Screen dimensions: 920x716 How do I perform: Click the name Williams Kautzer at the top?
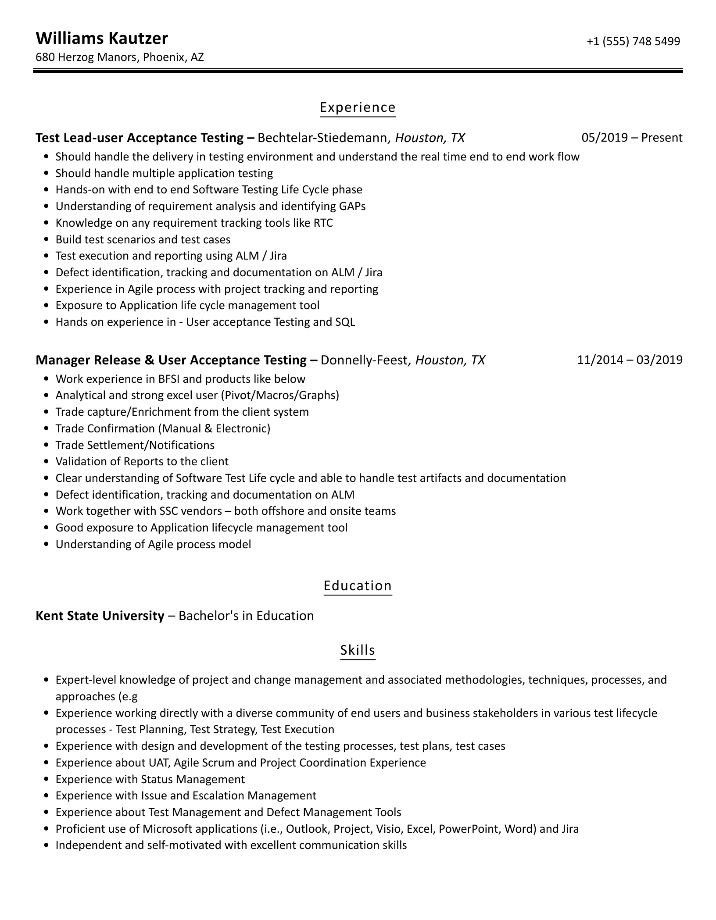(x=101, y=39)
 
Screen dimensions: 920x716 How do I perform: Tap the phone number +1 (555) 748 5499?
(x=633, y=41)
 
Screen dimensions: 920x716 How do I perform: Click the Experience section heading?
(x=357, y=107)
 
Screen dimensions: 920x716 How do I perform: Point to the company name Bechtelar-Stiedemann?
(x=322, y=138)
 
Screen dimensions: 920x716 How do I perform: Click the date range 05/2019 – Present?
(x=631, y=138)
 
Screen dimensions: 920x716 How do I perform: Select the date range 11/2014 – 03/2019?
(x=629, y=360)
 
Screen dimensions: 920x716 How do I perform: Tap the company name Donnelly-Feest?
(x=364, y=360)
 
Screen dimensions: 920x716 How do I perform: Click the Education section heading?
(x=357, y=586)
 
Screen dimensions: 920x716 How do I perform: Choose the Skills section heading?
(x=357, y=650)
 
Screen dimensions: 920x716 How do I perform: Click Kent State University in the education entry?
(x=100, y=616)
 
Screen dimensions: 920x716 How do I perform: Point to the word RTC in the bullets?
(x=323, y=223)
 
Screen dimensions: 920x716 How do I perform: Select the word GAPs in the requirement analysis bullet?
(x=352, y=207)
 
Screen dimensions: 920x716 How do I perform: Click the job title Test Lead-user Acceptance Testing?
(x=140, y=138)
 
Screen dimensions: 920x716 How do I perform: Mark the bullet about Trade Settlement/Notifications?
(x=135, y=446)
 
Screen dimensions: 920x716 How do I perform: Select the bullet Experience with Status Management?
(x=150, y=779)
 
